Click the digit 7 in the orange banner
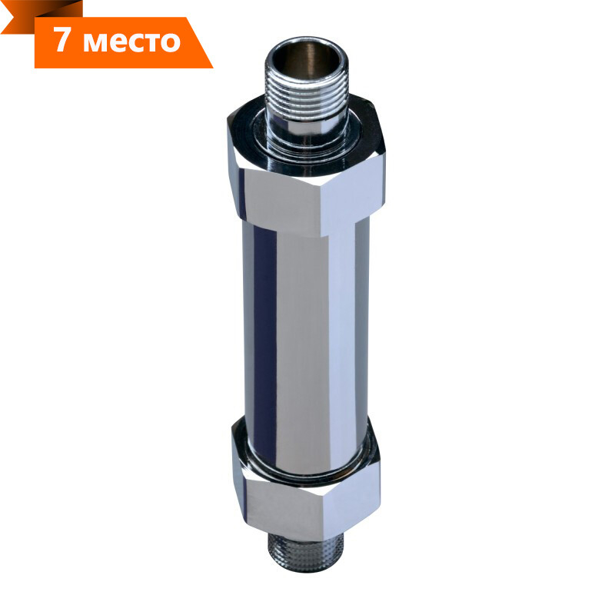pos(62,40)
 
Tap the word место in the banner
pos(131,42)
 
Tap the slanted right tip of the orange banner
pos(212,68)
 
